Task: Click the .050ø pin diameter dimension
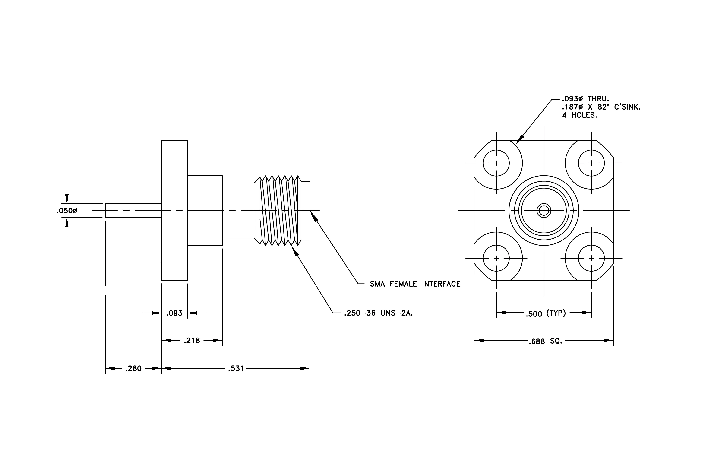tap(67, 211)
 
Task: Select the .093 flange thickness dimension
tap(174, 313)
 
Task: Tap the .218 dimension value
tap(192, 341)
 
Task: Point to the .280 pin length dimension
tap(133, 368)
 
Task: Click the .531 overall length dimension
tap(236, 368)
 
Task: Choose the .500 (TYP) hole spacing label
tap(546, 313)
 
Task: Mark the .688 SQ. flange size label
tap(545, 341)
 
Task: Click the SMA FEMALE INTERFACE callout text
tap(415, 284)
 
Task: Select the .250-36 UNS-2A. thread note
tap(379, 313)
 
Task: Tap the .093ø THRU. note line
tap(585, 99)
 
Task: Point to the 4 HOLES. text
tap(580, 115)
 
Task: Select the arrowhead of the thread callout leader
tap(295, 252)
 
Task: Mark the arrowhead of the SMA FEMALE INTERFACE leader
tap(314, 216)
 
